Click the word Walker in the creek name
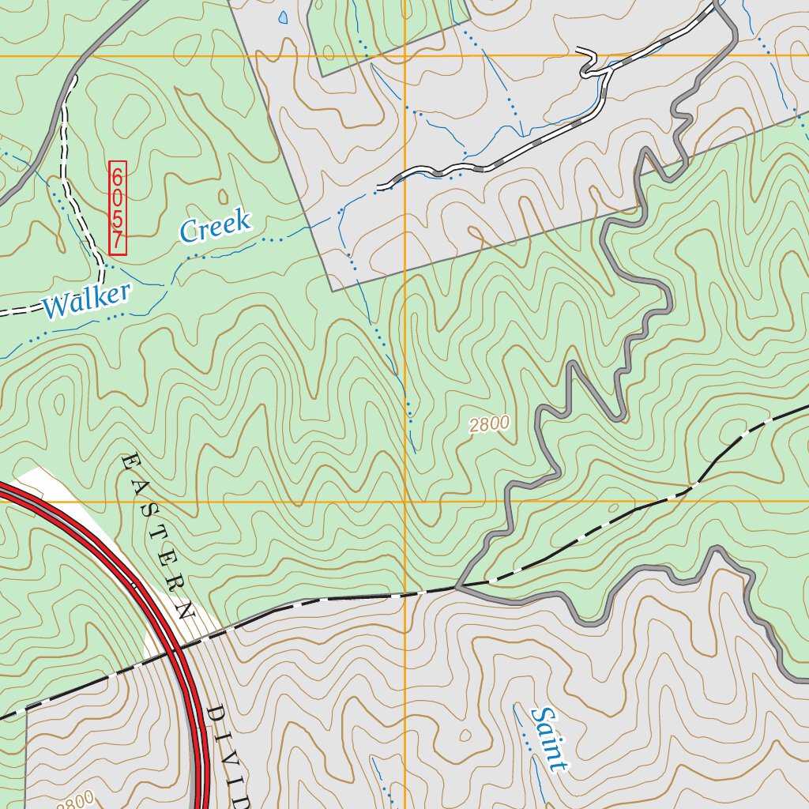pos(87,301)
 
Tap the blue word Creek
pos(215,226)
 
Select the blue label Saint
pos(550,739)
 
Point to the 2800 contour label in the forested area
pos(489,424)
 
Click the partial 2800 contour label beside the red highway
pos(76,800)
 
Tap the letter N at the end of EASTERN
pos(186,610)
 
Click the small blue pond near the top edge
pos(283,17)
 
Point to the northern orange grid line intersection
pos(404,56)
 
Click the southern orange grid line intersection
pos(404,501)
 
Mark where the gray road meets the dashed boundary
pos(457,587)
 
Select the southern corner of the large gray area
pos(333,291)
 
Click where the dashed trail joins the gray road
pos(73,80)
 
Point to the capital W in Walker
pos(55,306)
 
